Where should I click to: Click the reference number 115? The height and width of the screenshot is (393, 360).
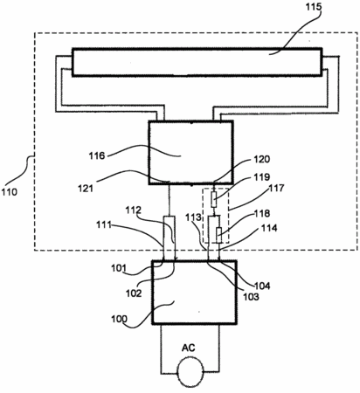click(313, 6)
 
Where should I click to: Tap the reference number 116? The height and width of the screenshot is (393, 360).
click(97, 155)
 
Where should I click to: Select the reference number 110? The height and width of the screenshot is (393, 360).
click(10, 192)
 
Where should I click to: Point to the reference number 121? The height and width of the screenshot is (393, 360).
click(85, 189)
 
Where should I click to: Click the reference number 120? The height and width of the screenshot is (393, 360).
click(262, 159)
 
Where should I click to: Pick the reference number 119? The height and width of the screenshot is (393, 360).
click(262, 177)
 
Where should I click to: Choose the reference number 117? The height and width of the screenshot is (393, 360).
click(276, 188)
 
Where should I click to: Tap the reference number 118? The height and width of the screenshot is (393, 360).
click(262, 213)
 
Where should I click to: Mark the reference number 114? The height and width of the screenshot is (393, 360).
click(269, 228)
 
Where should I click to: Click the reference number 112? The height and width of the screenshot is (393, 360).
click(133, 210)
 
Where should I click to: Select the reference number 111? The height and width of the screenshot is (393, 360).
click(104, 224)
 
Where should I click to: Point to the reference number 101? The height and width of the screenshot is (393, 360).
click(119, 268)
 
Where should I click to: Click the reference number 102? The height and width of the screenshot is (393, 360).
click(134, 293)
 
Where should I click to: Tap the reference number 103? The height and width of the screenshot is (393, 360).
click(251, 297)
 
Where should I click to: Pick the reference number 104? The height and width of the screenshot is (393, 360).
click(262, 286)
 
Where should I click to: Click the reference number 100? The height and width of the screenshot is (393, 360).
click(119, 319)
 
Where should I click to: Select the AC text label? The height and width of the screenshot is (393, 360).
click(189, 348)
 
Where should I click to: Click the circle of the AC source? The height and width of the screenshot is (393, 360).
click(190, 372)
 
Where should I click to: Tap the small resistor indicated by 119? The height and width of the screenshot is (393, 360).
click(214, 199)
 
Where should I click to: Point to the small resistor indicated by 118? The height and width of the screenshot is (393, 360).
click(218, 236)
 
